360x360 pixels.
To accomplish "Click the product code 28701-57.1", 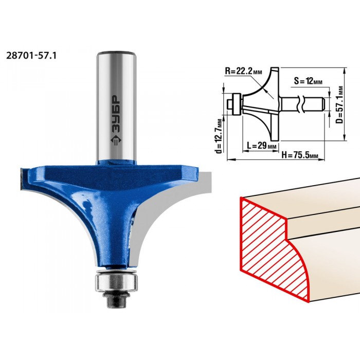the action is click(31, 56).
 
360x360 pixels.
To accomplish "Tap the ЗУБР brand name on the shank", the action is click(116, 114).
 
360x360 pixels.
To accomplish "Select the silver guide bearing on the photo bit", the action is click(116, 282).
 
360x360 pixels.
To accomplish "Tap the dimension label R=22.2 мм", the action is click(243, 71).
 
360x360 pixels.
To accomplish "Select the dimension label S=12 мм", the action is click(308, 81).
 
